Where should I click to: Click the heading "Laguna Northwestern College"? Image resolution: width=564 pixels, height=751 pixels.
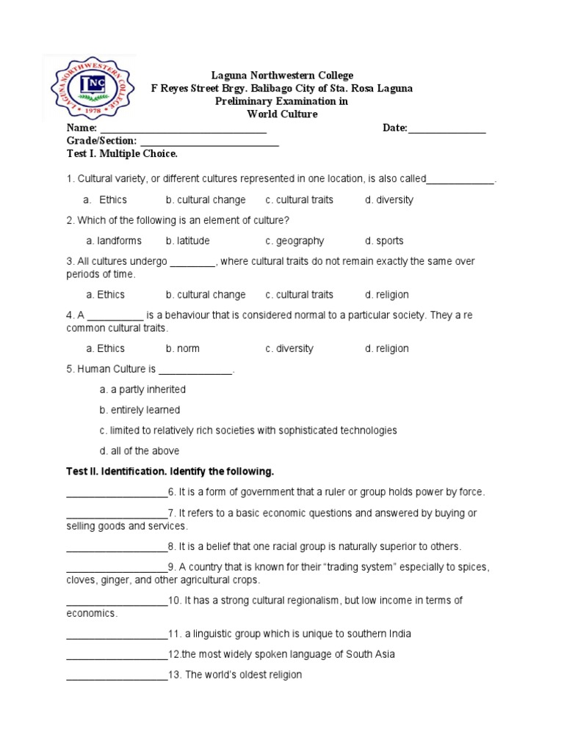(x=282, y=76)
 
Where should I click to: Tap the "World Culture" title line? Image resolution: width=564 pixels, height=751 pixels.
(x=282, y=114)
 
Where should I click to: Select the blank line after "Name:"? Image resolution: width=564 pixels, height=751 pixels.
(x=183, y=130)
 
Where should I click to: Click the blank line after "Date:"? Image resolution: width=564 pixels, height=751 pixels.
(x=446, y=130)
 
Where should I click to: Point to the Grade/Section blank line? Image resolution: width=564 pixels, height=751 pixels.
(x=209, y=142)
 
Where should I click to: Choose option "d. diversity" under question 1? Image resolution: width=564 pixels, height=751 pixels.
(x=389, y=199)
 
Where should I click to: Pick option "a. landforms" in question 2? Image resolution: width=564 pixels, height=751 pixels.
(x=114, y=241)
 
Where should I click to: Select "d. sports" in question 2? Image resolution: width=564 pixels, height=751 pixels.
(x=384, y=241)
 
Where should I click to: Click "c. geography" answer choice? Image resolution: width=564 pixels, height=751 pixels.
(x=294, y=241)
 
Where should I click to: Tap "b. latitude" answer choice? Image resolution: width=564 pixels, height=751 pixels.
(x=187, y=241)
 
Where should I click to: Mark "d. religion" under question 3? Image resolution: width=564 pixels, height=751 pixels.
(x=387, y=295)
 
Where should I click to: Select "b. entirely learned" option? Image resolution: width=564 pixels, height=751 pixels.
(x=140, y=410)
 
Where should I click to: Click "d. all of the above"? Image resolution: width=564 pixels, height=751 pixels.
(x=140, y=451)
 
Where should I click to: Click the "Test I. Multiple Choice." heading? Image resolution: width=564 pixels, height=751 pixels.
(x=122, y=155)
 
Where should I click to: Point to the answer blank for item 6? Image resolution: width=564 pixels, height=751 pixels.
(x=117, y=493)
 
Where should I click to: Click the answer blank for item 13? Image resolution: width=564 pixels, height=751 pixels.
(x=117, y=675)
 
